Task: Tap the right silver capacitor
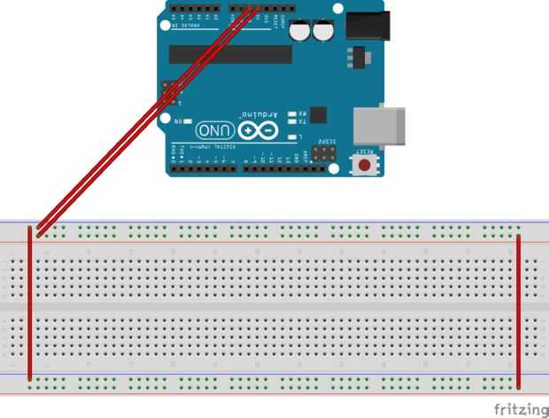coord(321,32)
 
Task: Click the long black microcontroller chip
coord(230,55)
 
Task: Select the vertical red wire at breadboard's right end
coord(518,310)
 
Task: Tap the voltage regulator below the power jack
coord(358,58)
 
